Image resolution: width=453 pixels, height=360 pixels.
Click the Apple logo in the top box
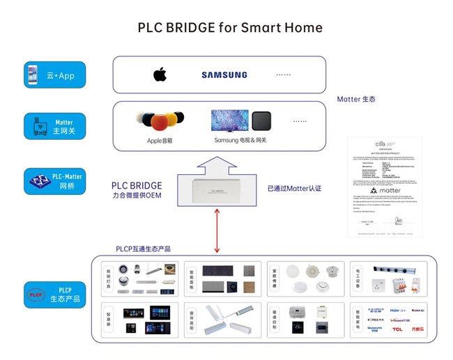[160, 75]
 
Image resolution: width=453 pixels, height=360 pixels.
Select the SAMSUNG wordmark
[224, 75]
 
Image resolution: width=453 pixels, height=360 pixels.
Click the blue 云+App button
[54, 75]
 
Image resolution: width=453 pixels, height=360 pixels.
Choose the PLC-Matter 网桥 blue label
[54, 180]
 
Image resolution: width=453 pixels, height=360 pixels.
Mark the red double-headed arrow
[217, 231]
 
